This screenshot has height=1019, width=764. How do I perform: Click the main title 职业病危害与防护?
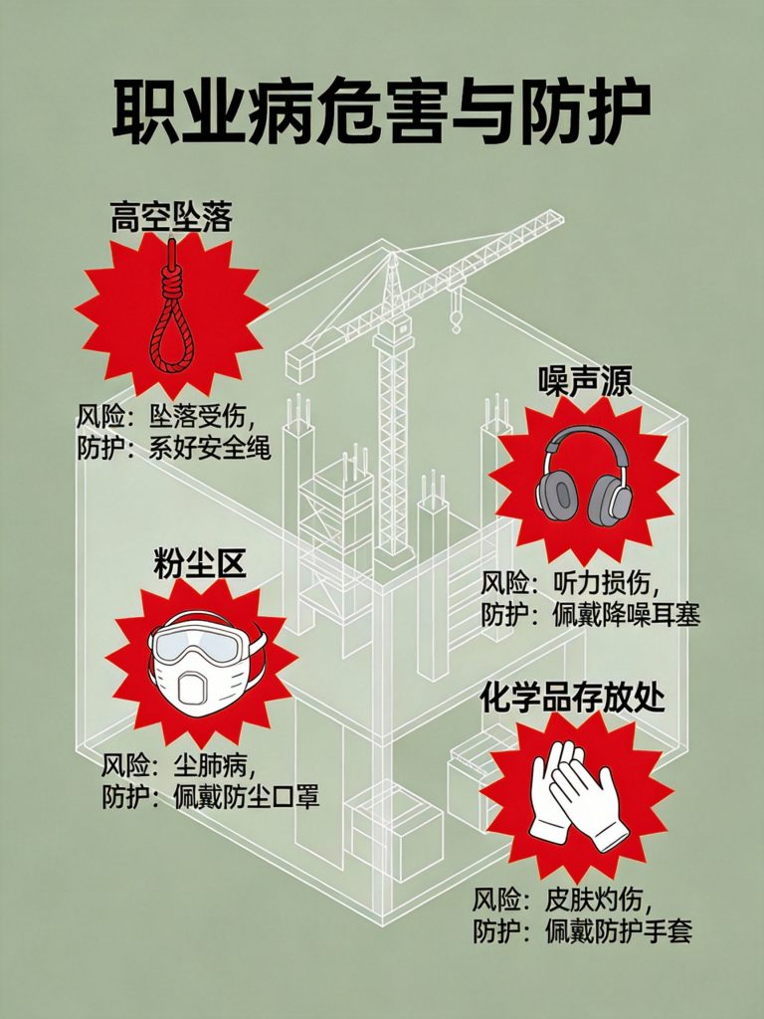click(382, 111)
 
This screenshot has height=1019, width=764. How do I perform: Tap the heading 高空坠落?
click(171, 217)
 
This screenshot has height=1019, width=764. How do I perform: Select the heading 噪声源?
click(585, 381)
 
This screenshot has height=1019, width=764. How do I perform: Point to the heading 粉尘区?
click(200, 563)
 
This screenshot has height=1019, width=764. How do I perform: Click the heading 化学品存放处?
click(572, 698)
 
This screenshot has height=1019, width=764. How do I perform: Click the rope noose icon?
click(171, 306)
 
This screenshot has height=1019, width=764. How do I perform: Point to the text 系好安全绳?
click(209, 448)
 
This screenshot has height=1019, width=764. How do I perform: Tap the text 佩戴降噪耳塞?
click(627, 615)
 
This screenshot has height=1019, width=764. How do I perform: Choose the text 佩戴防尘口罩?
click(247, 797)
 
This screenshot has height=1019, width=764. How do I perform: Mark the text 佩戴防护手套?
click(619, 931)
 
